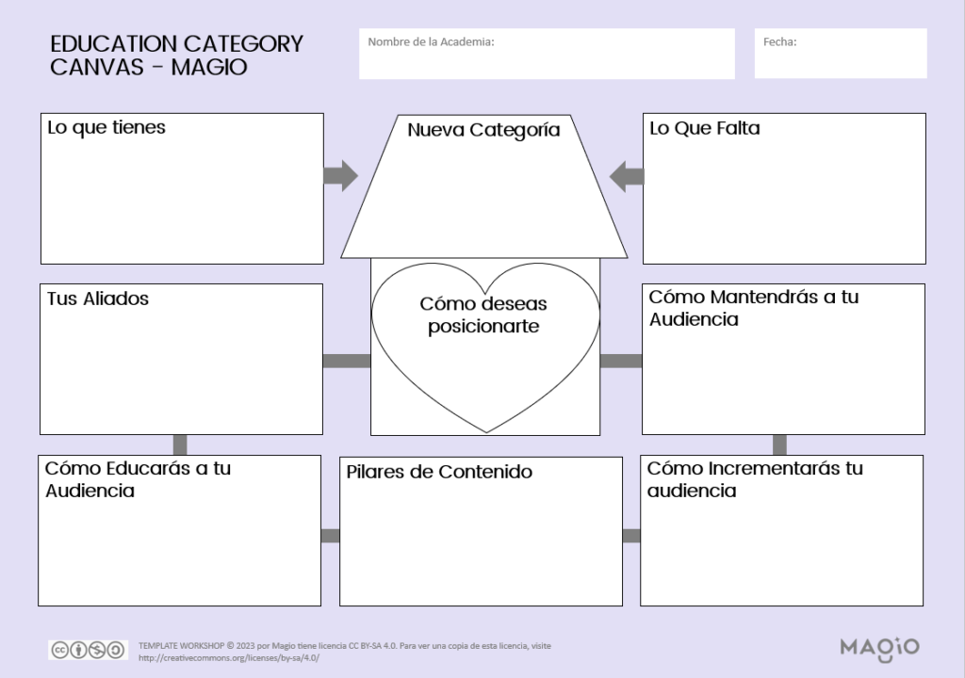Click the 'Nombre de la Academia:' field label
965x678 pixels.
point(431,41)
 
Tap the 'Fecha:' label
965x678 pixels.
point(779,41)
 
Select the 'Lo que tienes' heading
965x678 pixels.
point(106,128)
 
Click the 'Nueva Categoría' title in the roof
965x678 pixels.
point(483,130)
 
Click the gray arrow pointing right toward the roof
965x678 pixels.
point(340,175)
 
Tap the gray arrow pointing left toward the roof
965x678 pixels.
point(627,175)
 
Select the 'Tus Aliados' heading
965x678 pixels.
point(98,299)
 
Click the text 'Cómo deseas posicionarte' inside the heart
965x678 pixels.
point(483,315)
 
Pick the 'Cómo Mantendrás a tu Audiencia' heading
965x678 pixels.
point(754,308)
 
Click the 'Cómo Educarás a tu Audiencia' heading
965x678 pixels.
point(139,479)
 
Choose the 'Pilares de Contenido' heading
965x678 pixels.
point(438,472)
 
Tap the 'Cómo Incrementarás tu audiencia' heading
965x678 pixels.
point(755,479)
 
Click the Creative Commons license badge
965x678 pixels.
point(88,650)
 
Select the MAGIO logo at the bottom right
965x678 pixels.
point(878,647)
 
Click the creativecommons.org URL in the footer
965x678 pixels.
point(229,657)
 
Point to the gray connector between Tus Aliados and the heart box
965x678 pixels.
point(346,361)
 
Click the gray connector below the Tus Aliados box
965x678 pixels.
point(180,444)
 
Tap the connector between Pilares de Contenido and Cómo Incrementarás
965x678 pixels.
point(631,536)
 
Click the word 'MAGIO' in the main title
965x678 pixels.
point(209,67)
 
